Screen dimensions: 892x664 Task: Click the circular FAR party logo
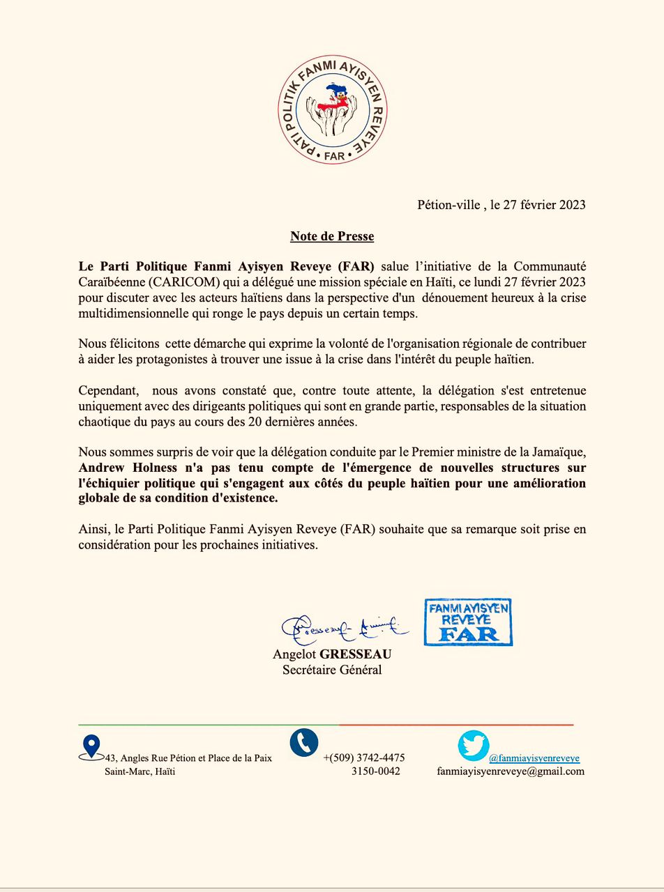click(x=332, y=109)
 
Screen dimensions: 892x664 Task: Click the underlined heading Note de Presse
click(x=332, y=236)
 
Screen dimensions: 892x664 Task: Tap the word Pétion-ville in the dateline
click(x=448, y=204)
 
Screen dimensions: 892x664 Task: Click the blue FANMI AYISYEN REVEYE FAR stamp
click(x=469, y=622)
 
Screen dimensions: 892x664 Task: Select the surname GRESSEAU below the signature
click(x=355, y=654)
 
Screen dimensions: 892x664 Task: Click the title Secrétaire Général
click(x=332, y=670)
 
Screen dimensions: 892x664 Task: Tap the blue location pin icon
click(x=91, y=747)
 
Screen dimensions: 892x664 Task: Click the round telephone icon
click(x=304, y=743)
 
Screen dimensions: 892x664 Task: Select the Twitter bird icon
click(x=474, y=746)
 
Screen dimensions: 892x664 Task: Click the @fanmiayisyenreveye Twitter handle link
click(x=534, y=758)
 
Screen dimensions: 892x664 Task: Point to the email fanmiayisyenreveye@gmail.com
click(x=511, y=771)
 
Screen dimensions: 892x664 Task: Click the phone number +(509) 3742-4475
click(x=364, y=758)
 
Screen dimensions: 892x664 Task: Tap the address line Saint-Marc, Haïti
click(x=139, y=771)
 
